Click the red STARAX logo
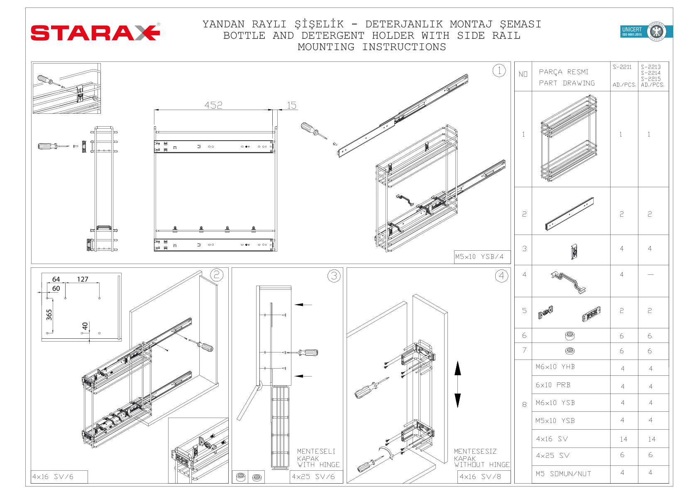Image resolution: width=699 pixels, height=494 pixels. coord(95,32)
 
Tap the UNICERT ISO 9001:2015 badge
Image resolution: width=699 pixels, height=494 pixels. coord(646,32)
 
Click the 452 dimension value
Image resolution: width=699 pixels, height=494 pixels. coord(213,105)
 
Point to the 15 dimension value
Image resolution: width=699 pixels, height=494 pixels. coord(291,105)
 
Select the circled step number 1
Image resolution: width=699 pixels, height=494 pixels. coord(499,71)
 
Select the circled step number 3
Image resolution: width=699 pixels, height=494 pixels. coord(334,276)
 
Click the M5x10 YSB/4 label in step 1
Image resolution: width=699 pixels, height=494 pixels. coord(479,257)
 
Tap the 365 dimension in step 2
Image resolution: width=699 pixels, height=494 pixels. coord(49,315)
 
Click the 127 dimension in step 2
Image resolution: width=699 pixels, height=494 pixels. coord(83,279)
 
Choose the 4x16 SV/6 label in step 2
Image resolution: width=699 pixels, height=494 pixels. coord(53,477)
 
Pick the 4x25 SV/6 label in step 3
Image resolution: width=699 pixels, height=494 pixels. coord(313,477)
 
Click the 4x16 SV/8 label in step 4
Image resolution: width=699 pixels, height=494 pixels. coord(480,477)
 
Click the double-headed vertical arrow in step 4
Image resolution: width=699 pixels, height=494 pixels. coord(457,384)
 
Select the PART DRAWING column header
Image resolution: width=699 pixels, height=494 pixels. coord(567,83)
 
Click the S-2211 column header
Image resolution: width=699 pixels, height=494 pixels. coord(622,67)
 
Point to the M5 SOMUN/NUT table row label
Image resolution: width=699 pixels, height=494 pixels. coord(563,474)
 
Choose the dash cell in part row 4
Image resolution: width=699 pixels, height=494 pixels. coord(650,275)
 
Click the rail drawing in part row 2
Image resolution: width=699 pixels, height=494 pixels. coord(569,214)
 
